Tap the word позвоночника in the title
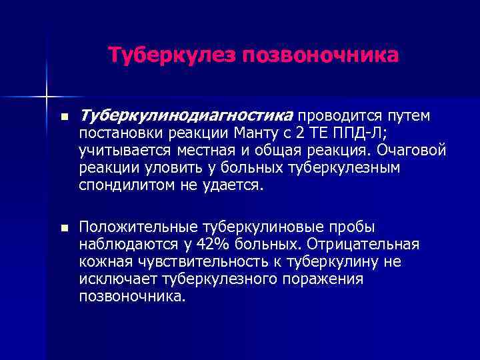tap(321, 55)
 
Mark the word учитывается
tap(123, 151)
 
